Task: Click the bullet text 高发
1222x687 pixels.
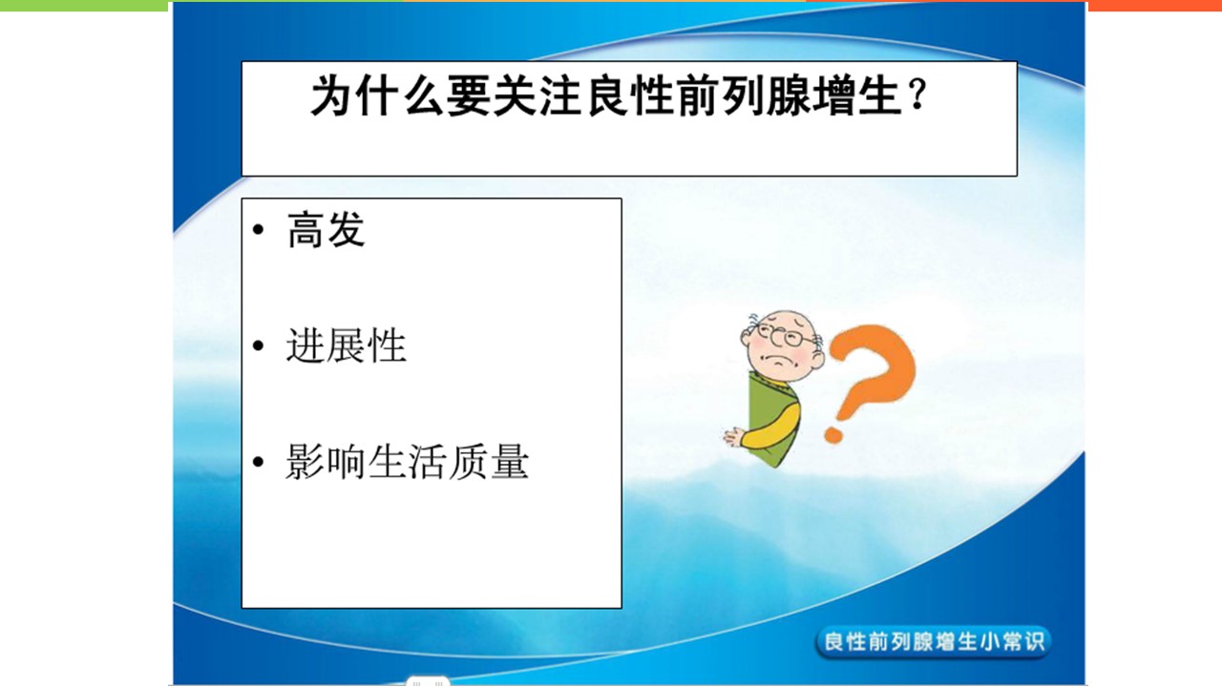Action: (326, 230)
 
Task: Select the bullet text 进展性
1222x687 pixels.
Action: (347, 345)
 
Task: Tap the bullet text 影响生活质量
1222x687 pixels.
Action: (408, 462)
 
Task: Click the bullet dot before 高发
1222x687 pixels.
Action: (258, 230)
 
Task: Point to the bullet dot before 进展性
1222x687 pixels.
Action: (258, 345)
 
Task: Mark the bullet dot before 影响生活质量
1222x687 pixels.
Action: (258, 463)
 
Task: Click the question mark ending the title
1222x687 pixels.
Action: (918, 94)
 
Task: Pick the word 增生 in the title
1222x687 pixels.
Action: (857, 96)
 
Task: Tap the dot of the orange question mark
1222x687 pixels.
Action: (833, 434)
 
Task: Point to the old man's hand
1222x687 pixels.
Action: (734, 437)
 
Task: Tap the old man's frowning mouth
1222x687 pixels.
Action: (782, 364)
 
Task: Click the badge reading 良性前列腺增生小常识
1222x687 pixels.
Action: (933, 642)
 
